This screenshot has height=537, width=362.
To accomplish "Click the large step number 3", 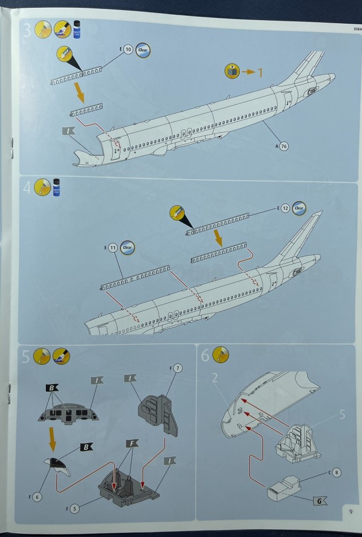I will click(x=27, y=31).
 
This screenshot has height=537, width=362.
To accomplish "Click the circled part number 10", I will click(x=128, y=50).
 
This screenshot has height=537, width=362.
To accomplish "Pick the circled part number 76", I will click(x=284, y=146).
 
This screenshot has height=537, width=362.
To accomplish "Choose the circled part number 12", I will click(x=286, y=209).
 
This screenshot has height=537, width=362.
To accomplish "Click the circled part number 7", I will click(x=178, y=369).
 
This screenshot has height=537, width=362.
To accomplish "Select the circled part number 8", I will click(x=337, y=472).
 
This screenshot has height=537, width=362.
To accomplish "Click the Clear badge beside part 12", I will click(x=299, y=209).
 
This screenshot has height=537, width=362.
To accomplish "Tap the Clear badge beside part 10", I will click(x=143, y=50).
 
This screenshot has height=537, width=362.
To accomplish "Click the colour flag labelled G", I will click(x=320, y=500).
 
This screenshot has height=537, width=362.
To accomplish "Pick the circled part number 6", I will click(x=37, y=497).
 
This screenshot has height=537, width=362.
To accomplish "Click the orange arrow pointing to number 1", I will click(x=249, y=72).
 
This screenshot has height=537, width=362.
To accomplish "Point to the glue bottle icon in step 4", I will click(x=57, y=186).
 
